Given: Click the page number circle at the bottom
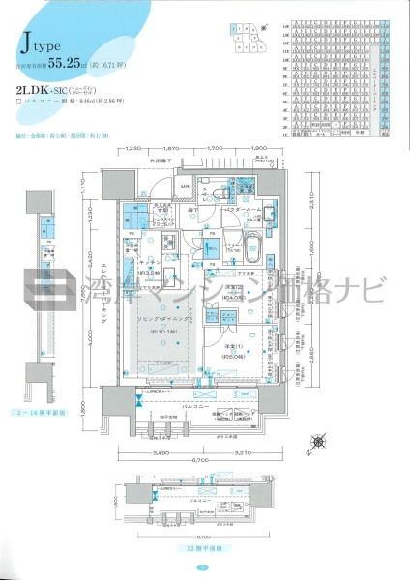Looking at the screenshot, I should [x=204, y=567].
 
